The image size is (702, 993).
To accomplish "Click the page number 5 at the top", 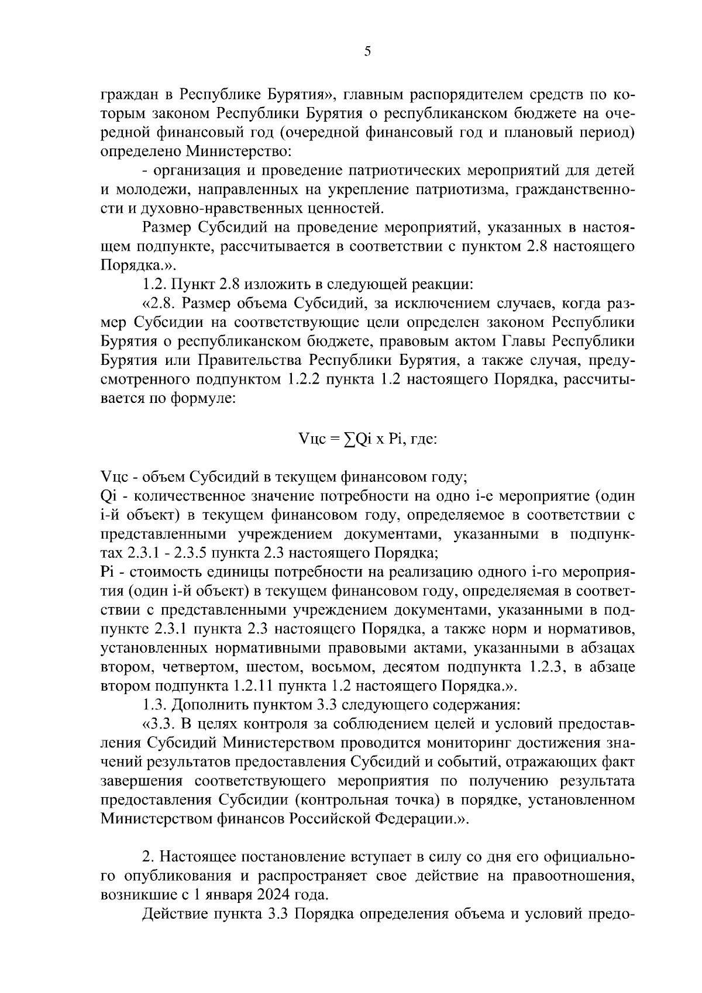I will click(367, 51).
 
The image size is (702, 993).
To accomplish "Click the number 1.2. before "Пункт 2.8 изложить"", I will click(154, 285).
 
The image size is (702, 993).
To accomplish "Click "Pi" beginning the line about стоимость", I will click(108, 571).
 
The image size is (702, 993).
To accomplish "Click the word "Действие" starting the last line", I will click(171, 914).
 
